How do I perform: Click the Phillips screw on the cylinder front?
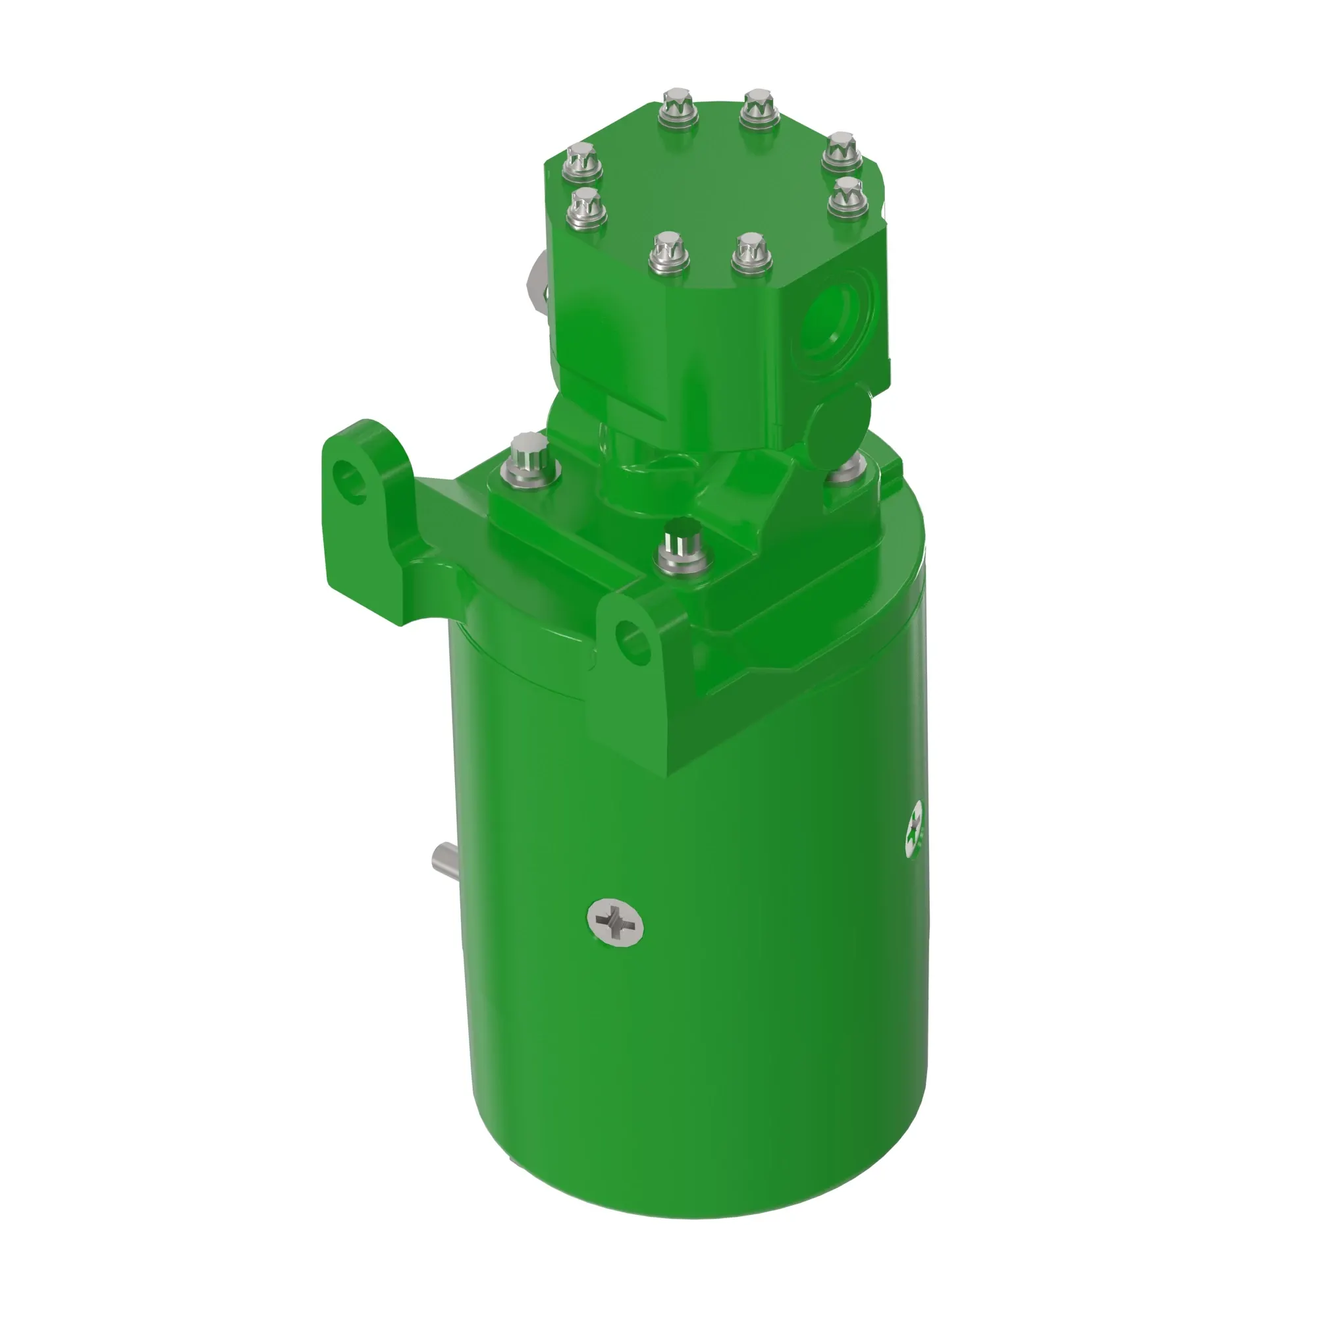616,923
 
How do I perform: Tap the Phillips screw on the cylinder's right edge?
913,829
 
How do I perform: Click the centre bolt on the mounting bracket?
684,545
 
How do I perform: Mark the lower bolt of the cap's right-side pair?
848,196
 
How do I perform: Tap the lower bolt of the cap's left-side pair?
586,207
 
